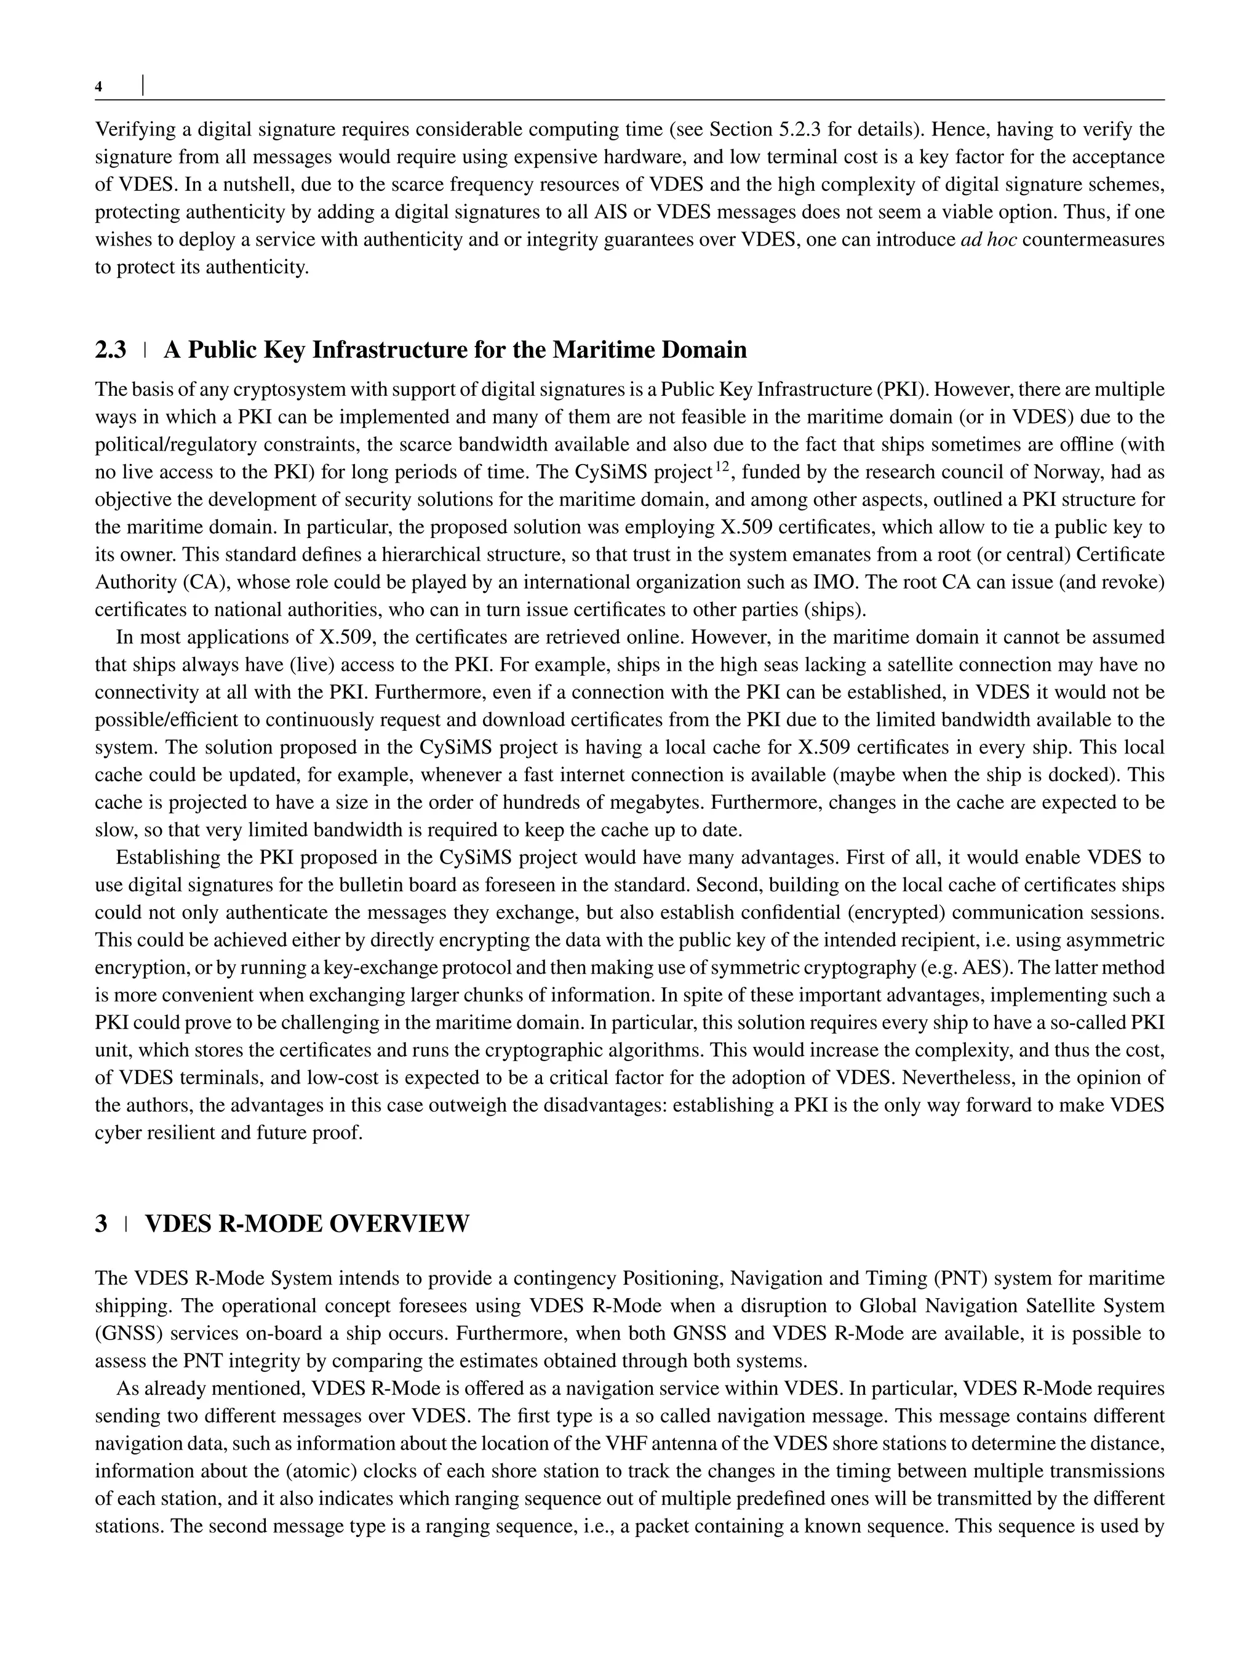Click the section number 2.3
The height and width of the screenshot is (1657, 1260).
click(x=111, y=350)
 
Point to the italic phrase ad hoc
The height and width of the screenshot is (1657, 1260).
click(x=989, y=240)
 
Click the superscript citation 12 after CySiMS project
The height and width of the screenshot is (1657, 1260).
click(x=722, y=468)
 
